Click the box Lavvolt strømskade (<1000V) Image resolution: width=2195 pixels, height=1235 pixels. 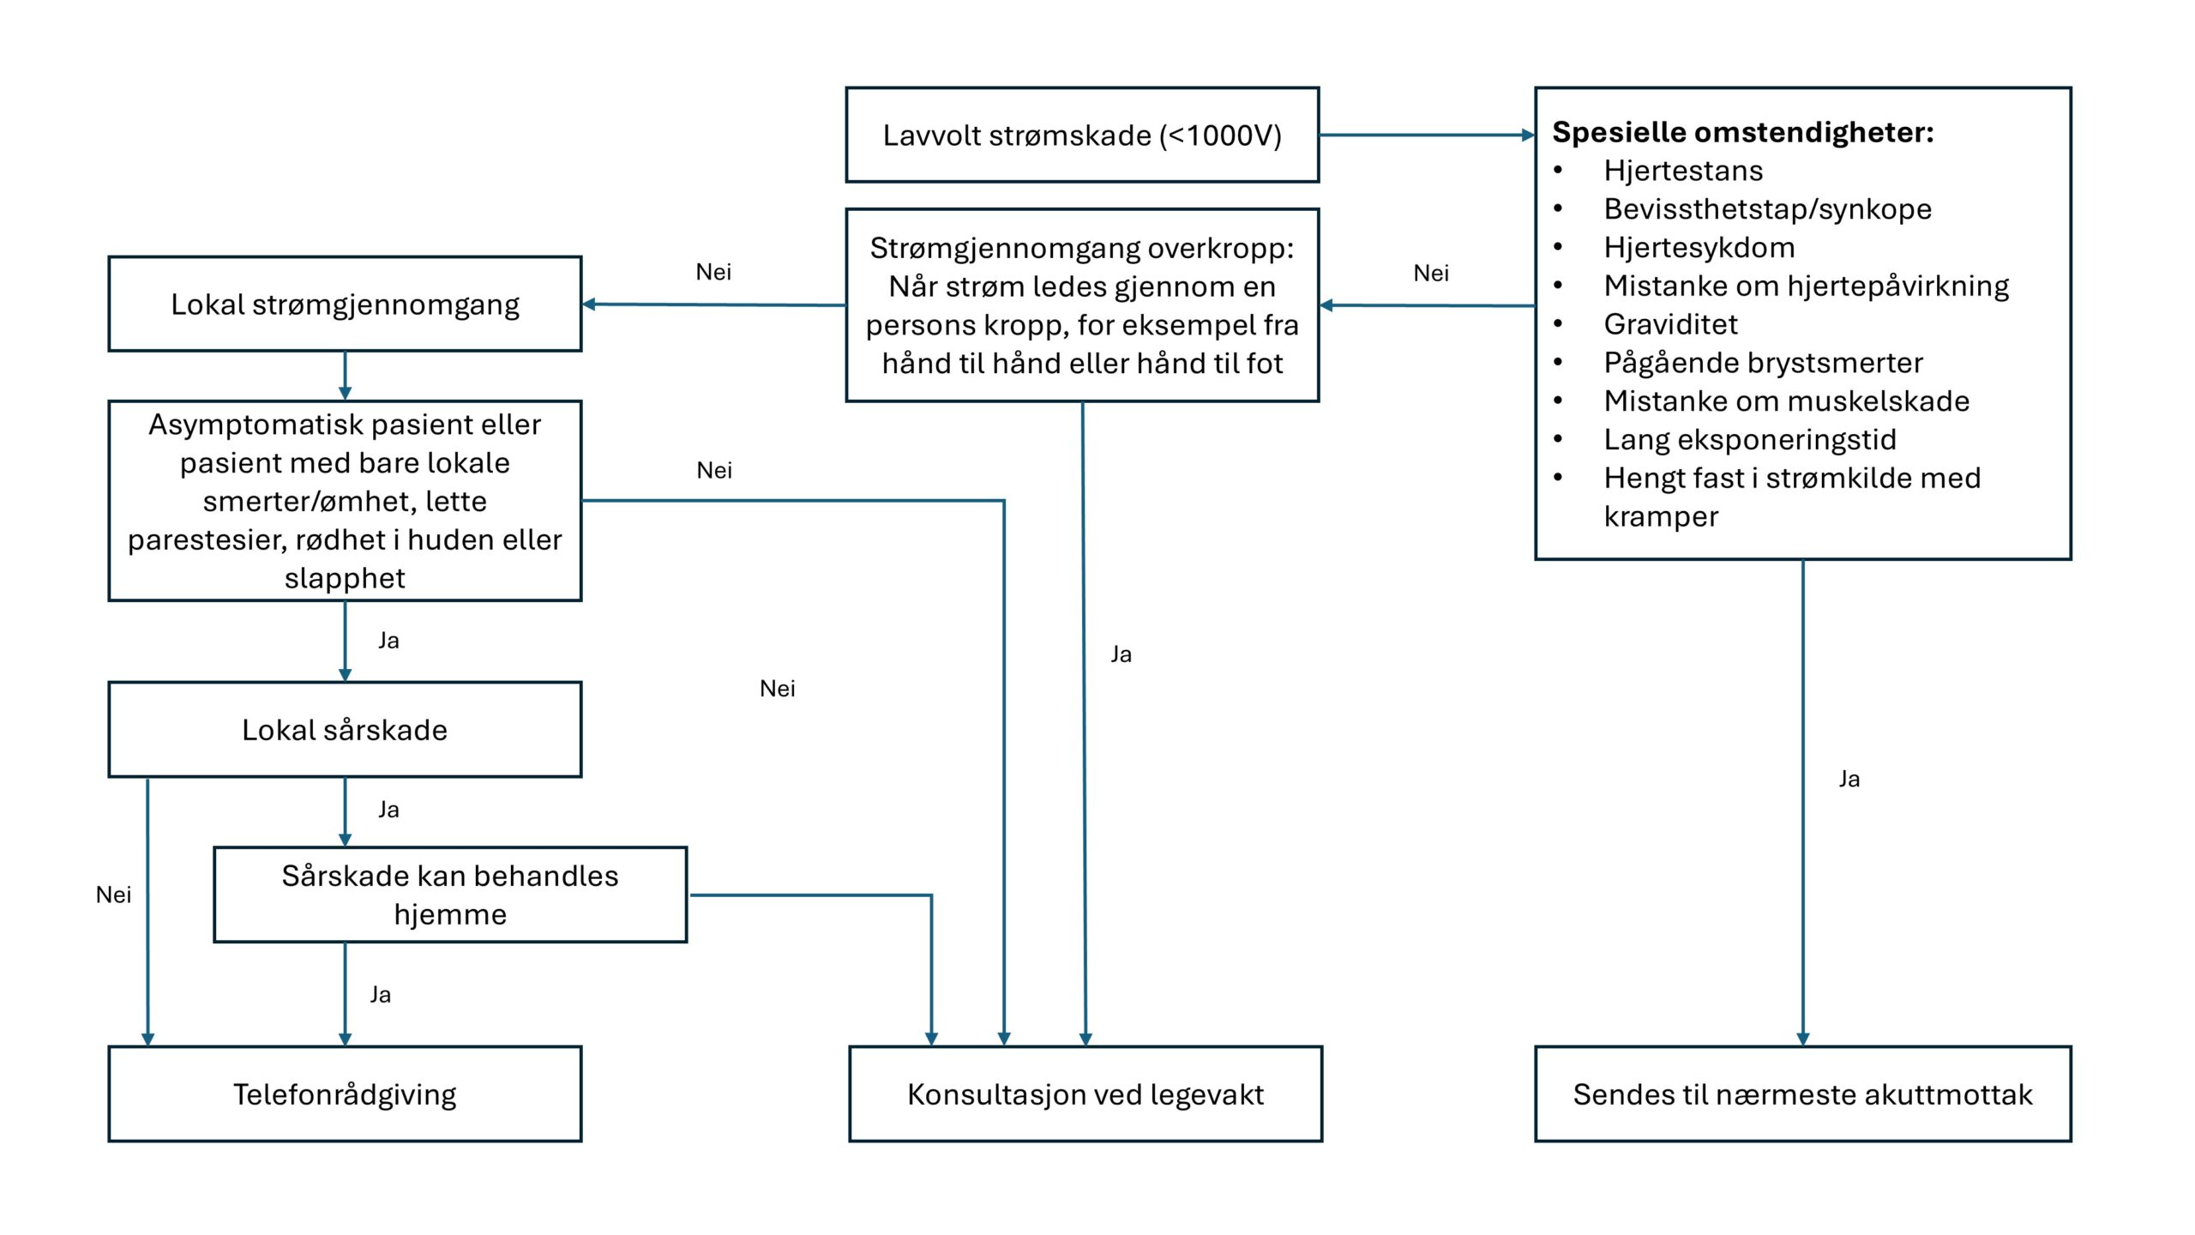pos(1082,135)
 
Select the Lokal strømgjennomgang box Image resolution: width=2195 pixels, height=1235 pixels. pos(345,304)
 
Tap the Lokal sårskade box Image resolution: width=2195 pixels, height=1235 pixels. pos(345,730)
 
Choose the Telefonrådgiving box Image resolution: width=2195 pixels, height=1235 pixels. pos(345,1094)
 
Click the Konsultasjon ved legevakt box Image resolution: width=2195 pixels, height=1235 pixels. pos(1085,1094)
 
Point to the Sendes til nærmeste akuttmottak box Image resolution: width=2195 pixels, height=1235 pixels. pos(1803,1094)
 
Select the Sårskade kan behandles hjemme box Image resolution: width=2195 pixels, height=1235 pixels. pos(450,895)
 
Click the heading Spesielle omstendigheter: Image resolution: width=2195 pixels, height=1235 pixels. pos(1743,132)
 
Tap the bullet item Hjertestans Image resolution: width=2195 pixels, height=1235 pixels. pos(1683,171)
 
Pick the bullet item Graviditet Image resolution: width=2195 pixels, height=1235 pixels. pos(1670,324)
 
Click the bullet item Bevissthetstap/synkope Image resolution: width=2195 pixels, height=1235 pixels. pos(1767,209)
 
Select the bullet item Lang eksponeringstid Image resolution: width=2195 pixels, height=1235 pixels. pos(1750,440)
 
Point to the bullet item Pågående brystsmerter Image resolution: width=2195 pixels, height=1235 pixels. pos(1763,363)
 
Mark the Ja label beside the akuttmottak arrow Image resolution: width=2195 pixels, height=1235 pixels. pos(1849,779)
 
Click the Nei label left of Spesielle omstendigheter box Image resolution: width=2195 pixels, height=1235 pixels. pos(1431,273)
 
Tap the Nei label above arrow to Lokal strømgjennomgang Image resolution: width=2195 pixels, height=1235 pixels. pos(713,272)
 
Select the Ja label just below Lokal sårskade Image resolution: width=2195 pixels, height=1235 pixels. pos(388,810)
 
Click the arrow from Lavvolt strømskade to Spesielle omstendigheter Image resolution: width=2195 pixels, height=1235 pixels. pos(1427,135)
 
